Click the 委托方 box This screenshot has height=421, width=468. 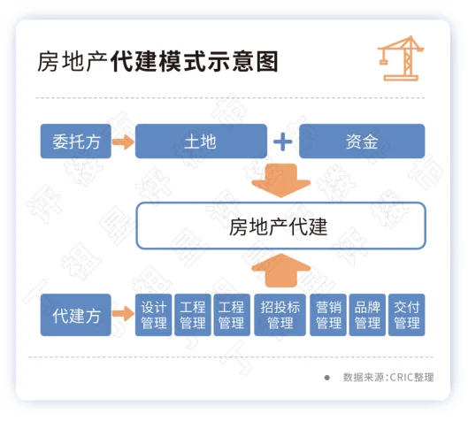76,142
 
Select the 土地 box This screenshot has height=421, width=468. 201,142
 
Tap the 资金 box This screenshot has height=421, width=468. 362,142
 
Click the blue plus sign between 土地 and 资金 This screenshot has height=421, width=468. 282,142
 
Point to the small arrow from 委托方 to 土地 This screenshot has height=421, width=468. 123,142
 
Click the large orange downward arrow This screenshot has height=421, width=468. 280,180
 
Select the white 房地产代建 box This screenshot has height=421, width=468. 280,226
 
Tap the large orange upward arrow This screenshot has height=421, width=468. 280,271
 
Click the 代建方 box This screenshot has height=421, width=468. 76,315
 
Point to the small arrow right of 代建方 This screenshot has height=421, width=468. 123,314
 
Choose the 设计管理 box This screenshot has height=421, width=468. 153,315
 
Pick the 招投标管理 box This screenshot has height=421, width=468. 280,315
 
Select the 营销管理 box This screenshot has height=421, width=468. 328,315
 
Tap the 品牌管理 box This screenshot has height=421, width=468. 367,315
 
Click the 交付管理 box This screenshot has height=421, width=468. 407,315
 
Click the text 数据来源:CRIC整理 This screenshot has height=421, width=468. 388,377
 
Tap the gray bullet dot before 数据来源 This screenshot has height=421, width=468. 327,378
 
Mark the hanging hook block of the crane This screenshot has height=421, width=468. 383,62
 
